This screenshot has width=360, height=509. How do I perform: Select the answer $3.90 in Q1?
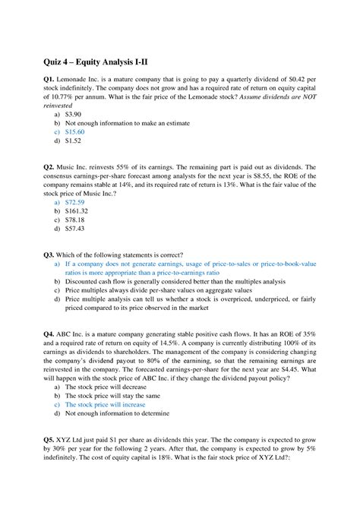click(x=76, y=112)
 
